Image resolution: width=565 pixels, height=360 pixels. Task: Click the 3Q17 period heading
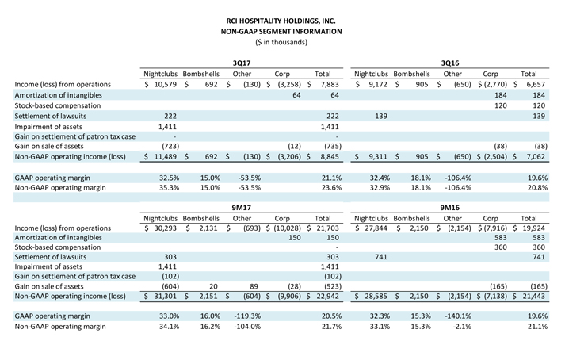[242, 63]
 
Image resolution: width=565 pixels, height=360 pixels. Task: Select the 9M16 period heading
[449, 208]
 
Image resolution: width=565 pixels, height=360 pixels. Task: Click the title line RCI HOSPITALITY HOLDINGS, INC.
[281, 21]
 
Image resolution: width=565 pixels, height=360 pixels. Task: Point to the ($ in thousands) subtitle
[281, 42]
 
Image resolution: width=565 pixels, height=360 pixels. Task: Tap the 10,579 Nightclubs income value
[165, 84]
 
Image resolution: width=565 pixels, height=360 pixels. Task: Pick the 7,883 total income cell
[330, 84]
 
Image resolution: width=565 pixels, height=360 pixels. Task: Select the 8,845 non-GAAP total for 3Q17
[330, 156]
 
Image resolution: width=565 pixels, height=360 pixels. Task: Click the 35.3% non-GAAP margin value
[169, 188]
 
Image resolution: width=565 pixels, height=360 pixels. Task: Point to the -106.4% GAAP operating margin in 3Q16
[457, 178]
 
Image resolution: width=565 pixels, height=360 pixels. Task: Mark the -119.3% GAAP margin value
[247, 316]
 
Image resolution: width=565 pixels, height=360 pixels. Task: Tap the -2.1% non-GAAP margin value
[461, 327]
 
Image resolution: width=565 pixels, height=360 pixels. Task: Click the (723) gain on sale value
[170, 146]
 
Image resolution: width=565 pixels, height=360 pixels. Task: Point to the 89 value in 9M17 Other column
[254, 286]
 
